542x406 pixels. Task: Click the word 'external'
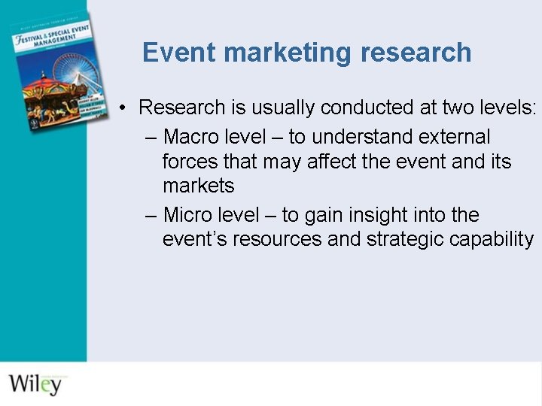click(455, 137)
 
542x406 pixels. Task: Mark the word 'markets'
click(198, 186)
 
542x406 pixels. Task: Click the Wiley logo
click(36, 383)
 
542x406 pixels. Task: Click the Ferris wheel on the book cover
click(78, 75)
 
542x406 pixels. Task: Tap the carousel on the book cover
click(44, 94)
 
